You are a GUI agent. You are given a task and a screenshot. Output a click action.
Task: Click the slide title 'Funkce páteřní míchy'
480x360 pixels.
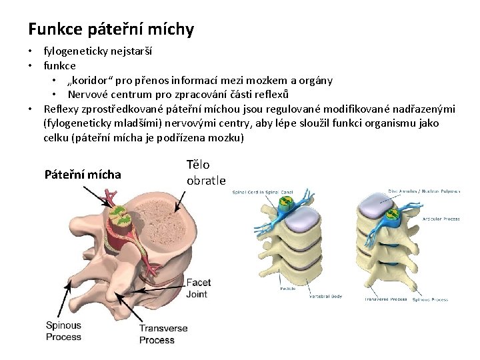pos(111,29)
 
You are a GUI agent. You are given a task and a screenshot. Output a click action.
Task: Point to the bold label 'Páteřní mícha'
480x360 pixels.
pos(83,175)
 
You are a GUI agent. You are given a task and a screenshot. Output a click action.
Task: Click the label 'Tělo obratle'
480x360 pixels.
pos(206,172)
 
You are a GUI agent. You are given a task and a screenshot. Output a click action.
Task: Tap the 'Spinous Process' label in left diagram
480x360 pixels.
pos(63,331)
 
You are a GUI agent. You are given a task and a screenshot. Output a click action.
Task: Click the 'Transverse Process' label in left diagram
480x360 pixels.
pos(163,334)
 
